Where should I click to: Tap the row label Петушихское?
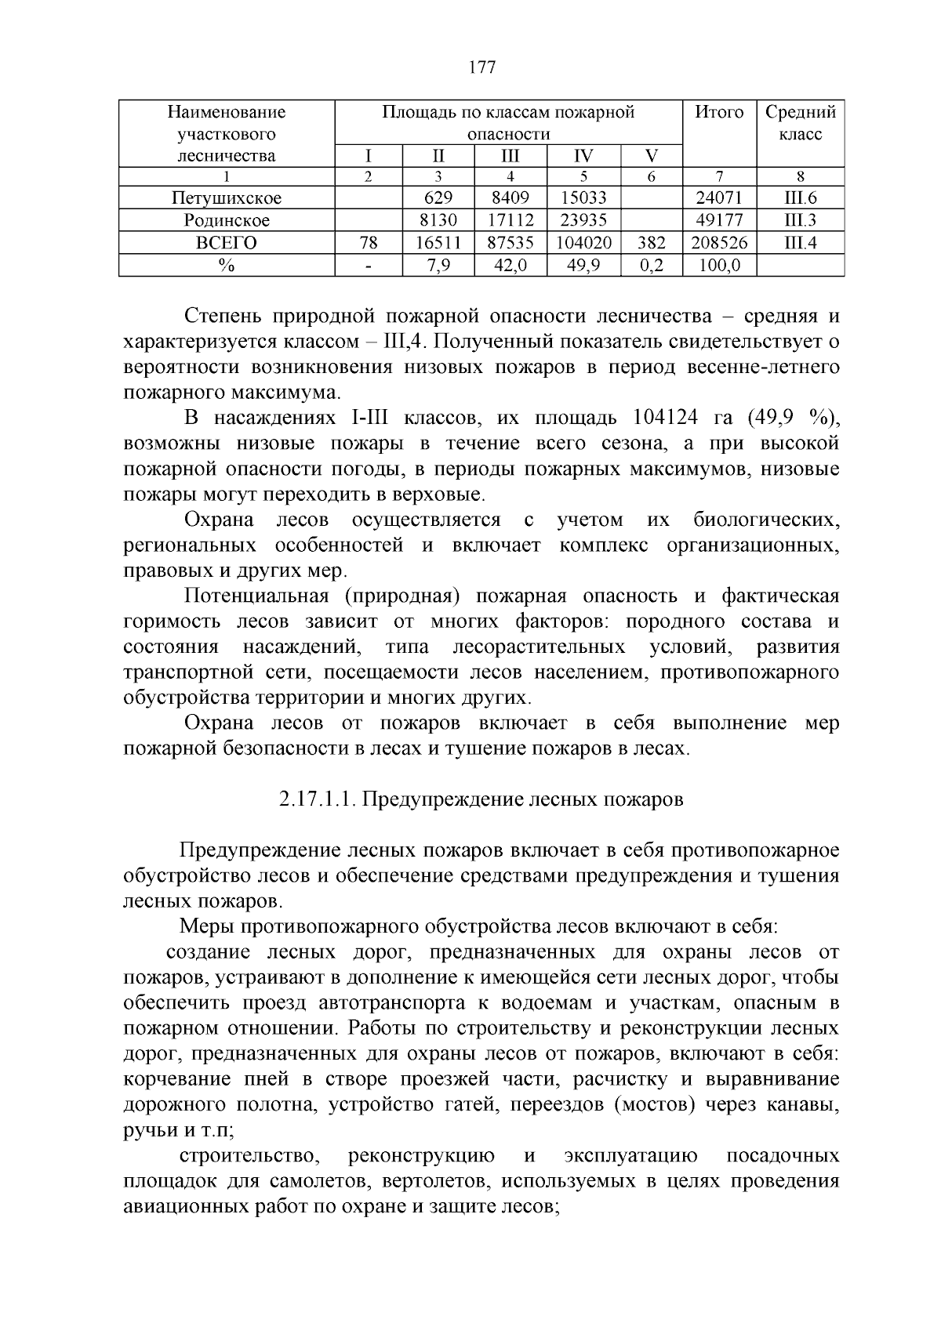pyautogui.click(x=227, y=198)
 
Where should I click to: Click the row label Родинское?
pyautogui.click(x=227, y=220)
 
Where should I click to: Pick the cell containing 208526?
pyautogui.click(x=719, y=243)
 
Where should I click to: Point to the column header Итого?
pyautogui.click(x=719, y=112)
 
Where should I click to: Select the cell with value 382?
pyautogui.click(x=651, y=243)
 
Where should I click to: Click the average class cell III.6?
pyautogui.click(x=800, y=198)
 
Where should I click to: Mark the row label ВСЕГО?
pyautogui.click(x=227, y=243)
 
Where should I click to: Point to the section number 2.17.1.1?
pyautogui.click(x=318, y=799)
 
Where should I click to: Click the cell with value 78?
pyautogui.click(x=368, y=243)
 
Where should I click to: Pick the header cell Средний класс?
pyautogui.click(x=800, y=123)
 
